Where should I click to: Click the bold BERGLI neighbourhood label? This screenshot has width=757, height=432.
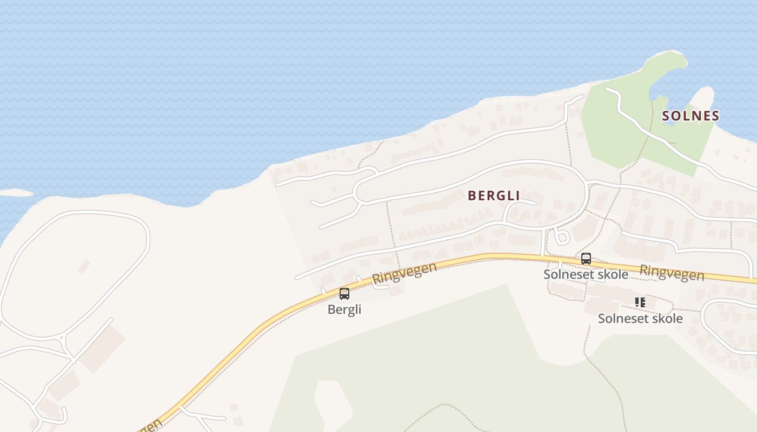pyautogui.click(x=494, y=195)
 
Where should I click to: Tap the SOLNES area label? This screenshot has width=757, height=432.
pyautogui.click(x=690, y=116)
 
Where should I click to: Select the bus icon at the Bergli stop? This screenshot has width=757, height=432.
pyautogui.click(x=344, y=294)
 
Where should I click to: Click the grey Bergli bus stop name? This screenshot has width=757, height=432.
pyautogui.click(x=344, y=309)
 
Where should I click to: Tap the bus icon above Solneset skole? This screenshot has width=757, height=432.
pyautogui.click(x=586, y=259)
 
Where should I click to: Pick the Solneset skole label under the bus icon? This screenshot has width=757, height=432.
pyautogui.click(x=586, y=274)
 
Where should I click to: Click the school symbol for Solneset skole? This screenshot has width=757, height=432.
pyautogui.click(x=640, y=302)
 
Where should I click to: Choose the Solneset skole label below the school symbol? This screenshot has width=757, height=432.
pyautogui.click(x=640, y=319)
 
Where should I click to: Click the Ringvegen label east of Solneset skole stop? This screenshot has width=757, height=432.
pyautogui.click(x=672, y=273)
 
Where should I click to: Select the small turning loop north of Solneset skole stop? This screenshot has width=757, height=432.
pyautogui.click(x=561, y=237)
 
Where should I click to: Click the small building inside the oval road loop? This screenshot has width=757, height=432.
pyautogui.click(x=84, y=266)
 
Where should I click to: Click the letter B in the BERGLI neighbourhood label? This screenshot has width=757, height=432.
pyautogui.click(x=472, y=195)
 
